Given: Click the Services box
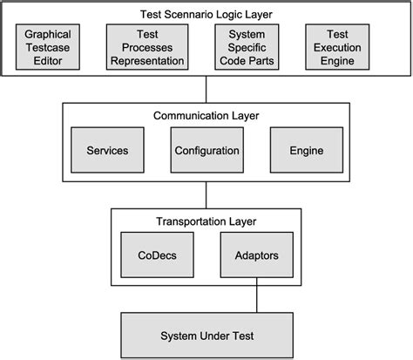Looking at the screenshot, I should point(107,151).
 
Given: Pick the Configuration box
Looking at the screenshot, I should point(206,151).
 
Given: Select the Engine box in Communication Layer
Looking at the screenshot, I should point(306,151).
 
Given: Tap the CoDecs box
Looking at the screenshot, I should point(157,256).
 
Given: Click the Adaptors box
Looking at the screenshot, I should point(256,256).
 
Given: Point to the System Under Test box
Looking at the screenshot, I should point(206,336).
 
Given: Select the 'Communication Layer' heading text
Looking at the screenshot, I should point(206,115).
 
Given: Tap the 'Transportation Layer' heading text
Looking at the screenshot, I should point(206,221).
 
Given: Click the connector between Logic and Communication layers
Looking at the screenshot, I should point(206,88).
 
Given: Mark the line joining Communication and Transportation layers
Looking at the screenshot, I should point(206,194).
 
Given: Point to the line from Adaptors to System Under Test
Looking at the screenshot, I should point(256,298).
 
